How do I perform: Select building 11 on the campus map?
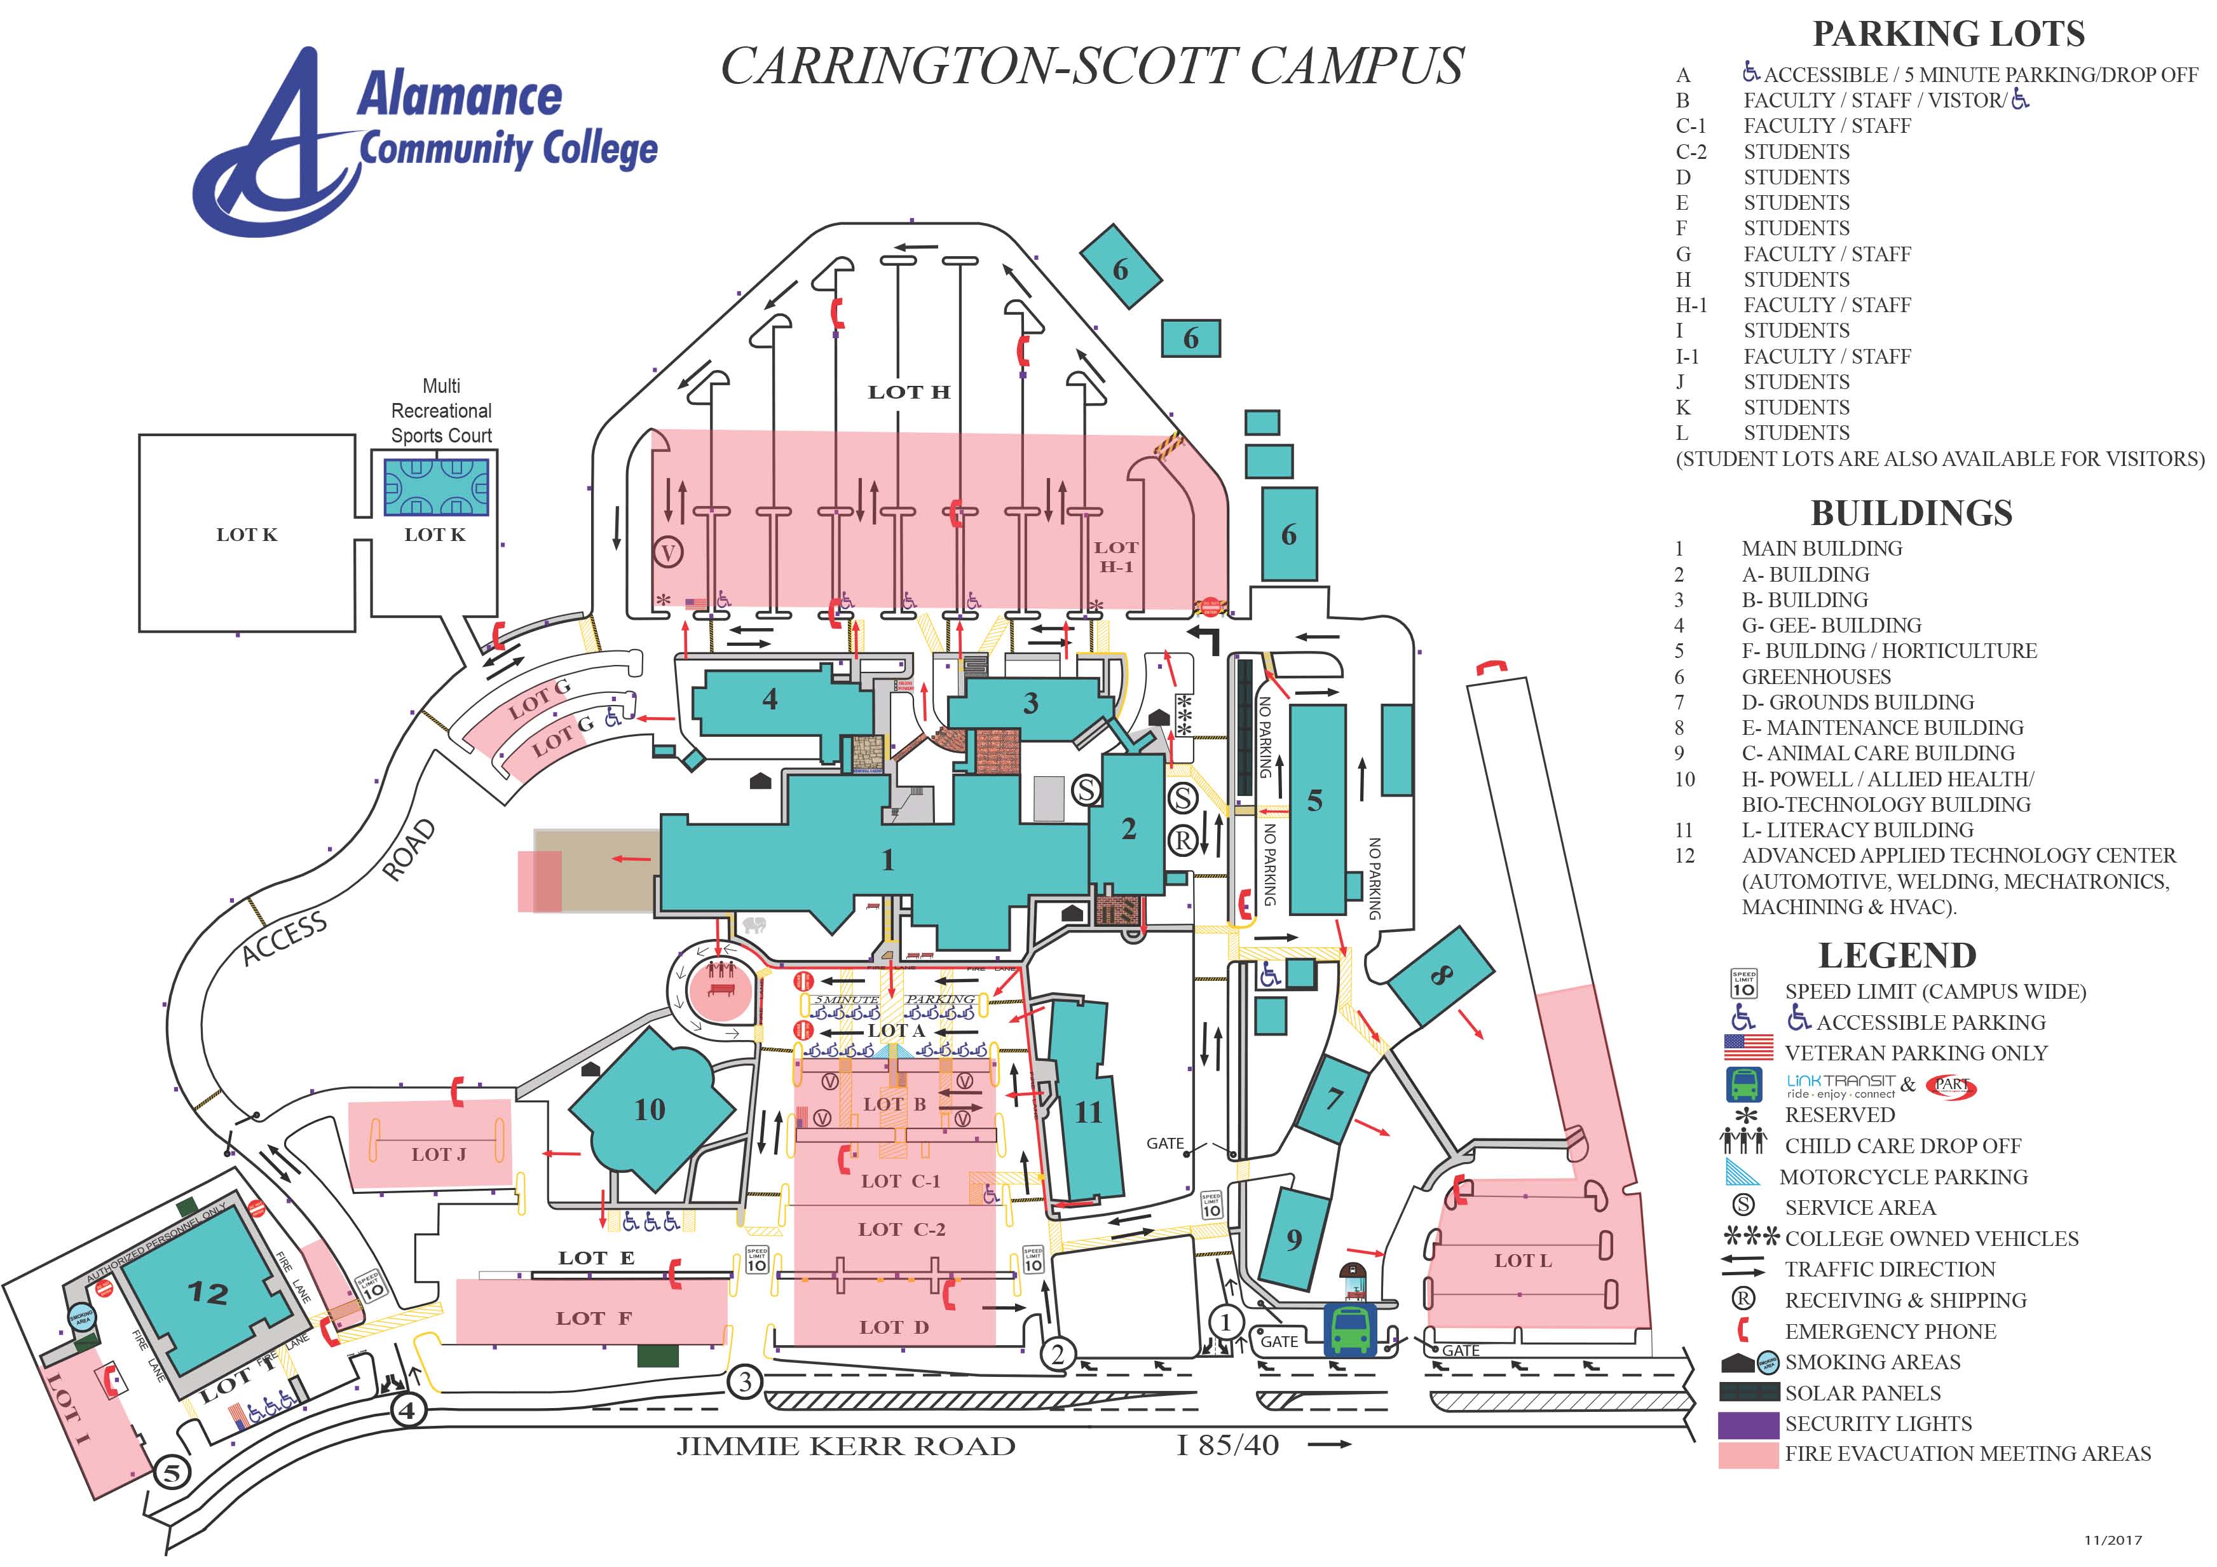pos(1088,1113)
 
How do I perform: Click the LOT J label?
pos(439,1154)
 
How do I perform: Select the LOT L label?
pos(1523,1260)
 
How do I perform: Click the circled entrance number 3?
pos(744,1381)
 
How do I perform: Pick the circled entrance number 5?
pos(172,1474)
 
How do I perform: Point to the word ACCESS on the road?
pos(285,938)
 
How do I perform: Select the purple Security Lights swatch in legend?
pos(1748,1425)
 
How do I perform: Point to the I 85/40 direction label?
pos(1228,1446)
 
